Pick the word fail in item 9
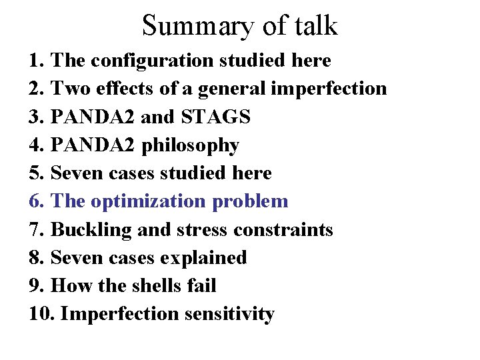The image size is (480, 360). pos(203,285)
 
